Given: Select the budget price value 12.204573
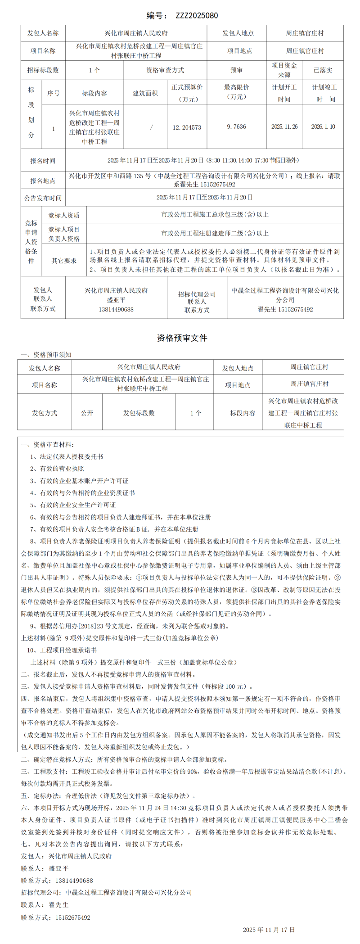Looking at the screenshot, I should coord(187,127).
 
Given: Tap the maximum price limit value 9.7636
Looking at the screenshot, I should coord(237,127).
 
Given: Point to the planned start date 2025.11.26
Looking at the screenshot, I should coord(284,127).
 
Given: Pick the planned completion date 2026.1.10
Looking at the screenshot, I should coord(323,127).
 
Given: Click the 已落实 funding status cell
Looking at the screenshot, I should coord(323,70).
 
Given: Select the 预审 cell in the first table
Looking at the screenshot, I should coord(237,70).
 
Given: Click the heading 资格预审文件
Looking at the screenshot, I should coord(182,338).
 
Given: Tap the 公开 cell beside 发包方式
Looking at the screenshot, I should coord(87,413).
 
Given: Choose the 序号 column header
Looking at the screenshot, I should coord(54,93).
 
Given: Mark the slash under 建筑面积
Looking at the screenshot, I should coord(151,127).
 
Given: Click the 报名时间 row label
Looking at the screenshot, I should coord(43,161).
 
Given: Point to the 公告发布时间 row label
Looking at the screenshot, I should coord(43,198).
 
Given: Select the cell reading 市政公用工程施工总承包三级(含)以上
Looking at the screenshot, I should coord(215,215).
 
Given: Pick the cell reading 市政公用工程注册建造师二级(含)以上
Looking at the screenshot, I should coord(215,233).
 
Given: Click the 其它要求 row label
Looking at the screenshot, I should coord(64,260).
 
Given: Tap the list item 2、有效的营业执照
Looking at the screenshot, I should coord(57,469).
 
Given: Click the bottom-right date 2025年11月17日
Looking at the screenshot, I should coord(269,930).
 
